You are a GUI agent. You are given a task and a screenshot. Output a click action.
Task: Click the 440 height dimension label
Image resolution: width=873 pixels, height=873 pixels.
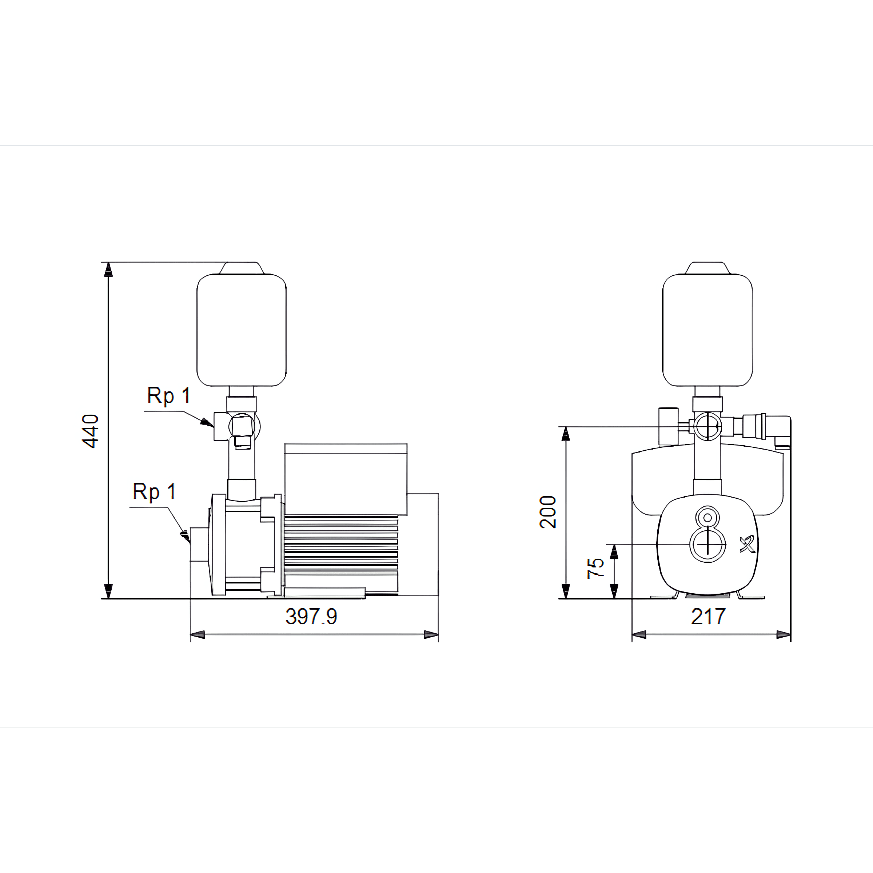click(90, 431)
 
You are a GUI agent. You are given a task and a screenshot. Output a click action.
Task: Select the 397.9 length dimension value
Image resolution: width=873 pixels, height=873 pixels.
click(311, 616)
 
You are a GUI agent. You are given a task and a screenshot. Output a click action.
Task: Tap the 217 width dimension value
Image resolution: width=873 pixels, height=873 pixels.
click(708, 616)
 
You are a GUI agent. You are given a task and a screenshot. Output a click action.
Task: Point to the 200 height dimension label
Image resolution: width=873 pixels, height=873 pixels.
click(548, 512)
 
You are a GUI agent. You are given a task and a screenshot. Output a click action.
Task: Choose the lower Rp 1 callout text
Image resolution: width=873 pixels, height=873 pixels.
click(154, 492)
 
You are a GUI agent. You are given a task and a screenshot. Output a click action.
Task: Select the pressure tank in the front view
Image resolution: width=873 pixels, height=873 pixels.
click(707, 330)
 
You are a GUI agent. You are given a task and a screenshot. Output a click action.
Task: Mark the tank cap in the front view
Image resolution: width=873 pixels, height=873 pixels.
click(707, 268)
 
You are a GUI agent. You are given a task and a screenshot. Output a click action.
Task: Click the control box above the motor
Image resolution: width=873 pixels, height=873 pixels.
click(346, 479)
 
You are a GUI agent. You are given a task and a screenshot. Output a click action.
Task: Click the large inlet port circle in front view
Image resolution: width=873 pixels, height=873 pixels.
click(707, 545)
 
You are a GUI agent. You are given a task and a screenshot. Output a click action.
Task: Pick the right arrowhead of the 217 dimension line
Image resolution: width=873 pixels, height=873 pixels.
click(784, 635)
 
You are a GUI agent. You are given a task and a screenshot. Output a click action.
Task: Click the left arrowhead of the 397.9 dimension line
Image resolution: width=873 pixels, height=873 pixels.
click(198, 635)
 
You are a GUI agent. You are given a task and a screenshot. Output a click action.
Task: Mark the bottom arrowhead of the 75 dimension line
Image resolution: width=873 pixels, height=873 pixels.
click(614, 591)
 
